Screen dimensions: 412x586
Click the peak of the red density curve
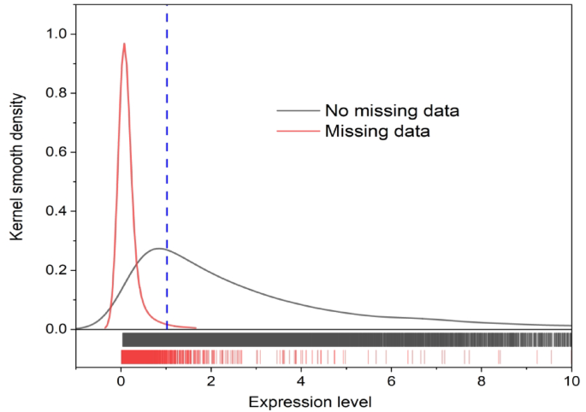click(124, 44)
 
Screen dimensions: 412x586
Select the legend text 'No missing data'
click(392, 111)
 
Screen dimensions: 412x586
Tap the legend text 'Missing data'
click(376, 132)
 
